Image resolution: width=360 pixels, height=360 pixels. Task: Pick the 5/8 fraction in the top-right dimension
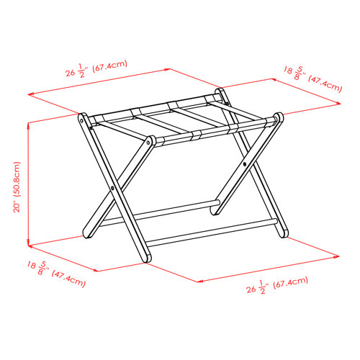pyautogui.click(x=301, y=73)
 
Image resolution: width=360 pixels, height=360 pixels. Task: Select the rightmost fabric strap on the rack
pyautogui.click(x=229, y=120)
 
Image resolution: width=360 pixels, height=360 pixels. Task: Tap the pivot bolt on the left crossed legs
pyautogui.click(x=114, y=189)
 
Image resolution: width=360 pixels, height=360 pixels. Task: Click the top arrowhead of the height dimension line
pyautogui.click(x=27, y=124)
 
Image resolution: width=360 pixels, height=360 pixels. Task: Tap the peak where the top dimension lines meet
pyautogui.click(x=171, y=69)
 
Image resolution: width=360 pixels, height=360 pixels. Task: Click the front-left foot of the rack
pyautogui.click(x=146, y=258)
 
